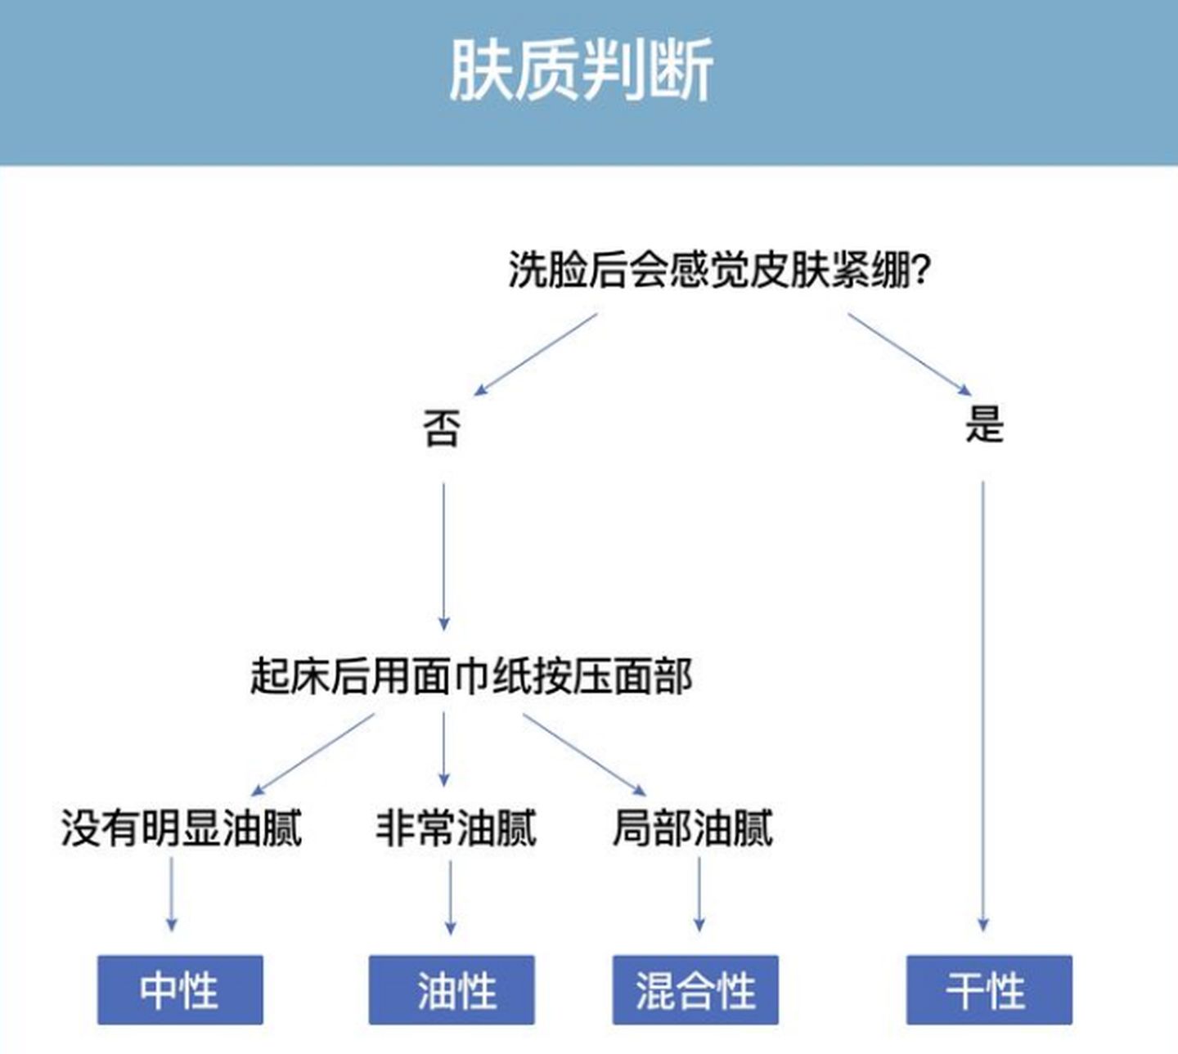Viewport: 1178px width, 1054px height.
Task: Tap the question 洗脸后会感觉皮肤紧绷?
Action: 719,270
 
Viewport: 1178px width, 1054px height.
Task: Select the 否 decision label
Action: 442,428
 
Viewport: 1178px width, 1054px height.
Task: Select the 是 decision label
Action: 983,424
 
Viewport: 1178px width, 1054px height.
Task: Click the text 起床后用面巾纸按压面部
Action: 471,676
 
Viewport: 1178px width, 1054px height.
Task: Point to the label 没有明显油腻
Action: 182,828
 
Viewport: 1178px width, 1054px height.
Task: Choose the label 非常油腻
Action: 456,828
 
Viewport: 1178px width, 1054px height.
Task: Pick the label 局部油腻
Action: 693,828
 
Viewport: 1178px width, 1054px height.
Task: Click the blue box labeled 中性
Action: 180,989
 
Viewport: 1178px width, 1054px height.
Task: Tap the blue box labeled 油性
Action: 452,989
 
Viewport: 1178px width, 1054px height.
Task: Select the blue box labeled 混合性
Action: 695,989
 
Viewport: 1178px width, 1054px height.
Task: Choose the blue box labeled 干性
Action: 989,989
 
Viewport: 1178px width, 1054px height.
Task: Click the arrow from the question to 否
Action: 537,354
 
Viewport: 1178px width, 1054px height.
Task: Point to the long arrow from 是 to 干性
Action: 982,703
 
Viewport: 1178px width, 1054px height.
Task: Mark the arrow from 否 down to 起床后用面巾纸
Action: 444,556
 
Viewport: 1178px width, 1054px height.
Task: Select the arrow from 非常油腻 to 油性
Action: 451,897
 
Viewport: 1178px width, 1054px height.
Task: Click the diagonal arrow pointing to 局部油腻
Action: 584,754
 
